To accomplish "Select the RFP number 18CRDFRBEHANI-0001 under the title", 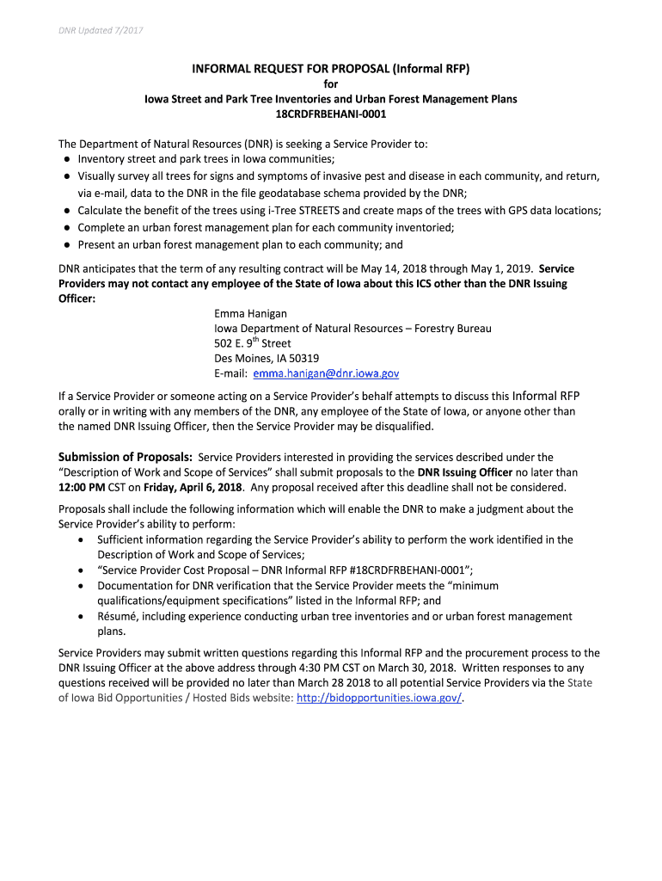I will point(330,113).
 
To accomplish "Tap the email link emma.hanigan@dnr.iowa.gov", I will point(326,373).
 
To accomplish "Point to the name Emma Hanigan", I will point(250,313).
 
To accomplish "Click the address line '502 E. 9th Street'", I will point(252,343).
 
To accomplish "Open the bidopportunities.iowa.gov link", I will point(378,698).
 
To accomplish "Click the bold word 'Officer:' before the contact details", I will point(77,298).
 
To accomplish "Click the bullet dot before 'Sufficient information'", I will point(80,539).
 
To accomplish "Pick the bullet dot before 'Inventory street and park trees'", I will point(66,159).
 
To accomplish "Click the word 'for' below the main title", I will point(330,83).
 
